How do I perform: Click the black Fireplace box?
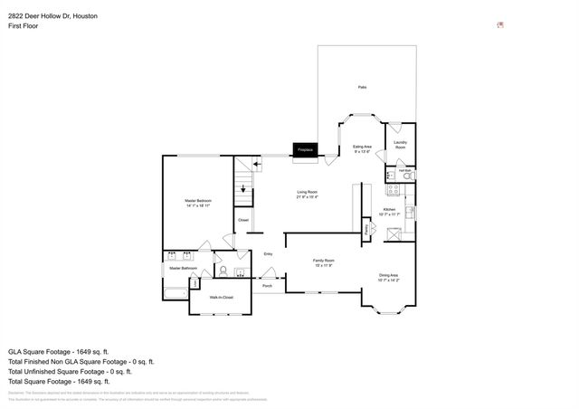point(305,150)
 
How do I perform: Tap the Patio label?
point(362,87)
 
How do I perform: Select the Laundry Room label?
point(400,144)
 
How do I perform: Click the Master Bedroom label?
point(197,203)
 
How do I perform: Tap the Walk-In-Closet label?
point(222,297)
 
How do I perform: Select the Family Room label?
point(323,262)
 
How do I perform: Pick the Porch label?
point(267,286)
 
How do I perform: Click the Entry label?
point(268,254)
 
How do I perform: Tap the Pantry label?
point(366,232)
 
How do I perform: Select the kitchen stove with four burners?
point(394,190)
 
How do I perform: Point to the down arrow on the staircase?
point(242,189)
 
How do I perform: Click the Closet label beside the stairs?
point(243,220)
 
